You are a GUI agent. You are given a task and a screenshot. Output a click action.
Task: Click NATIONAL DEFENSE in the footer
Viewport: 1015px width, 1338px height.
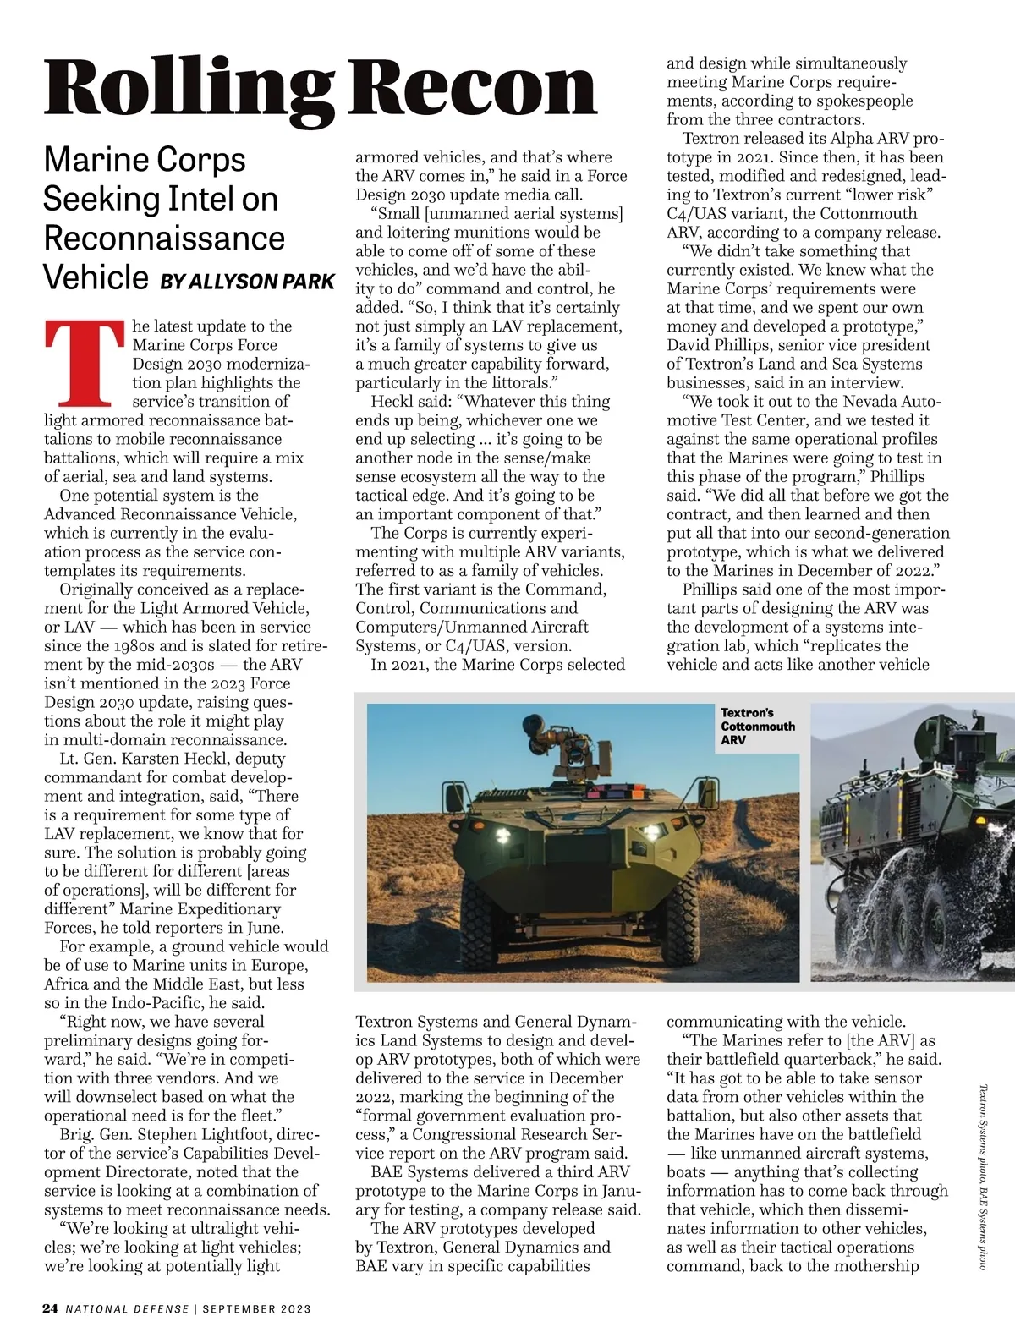128,1309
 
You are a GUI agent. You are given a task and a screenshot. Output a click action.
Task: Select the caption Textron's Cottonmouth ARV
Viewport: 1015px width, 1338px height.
758,726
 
